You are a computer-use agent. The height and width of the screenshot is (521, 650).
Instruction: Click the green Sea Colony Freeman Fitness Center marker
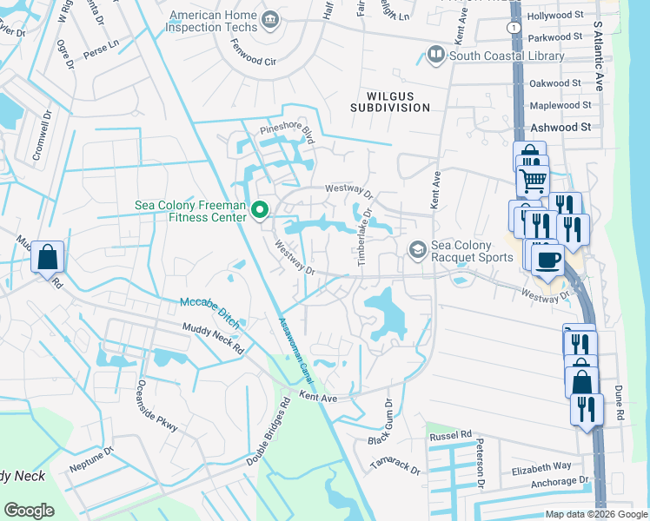(259, 210)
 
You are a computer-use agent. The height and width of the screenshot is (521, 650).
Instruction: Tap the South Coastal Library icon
(435, 56)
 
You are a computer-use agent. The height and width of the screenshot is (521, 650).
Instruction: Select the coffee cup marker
(547, 260)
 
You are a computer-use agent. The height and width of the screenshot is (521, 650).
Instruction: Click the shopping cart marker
(533, 181)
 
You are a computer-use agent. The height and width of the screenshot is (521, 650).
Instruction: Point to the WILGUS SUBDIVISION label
(390, 101)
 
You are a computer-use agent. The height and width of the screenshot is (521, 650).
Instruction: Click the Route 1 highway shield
(515, 29)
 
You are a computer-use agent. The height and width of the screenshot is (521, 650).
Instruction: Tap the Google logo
(29, 510)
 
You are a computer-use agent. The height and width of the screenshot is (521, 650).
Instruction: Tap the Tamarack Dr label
(395, 465)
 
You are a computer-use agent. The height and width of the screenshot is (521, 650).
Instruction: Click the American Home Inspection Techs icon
(269, 19)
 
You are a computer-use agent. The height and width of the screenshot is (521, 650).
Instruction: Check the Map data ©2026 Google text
(595, 514)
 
